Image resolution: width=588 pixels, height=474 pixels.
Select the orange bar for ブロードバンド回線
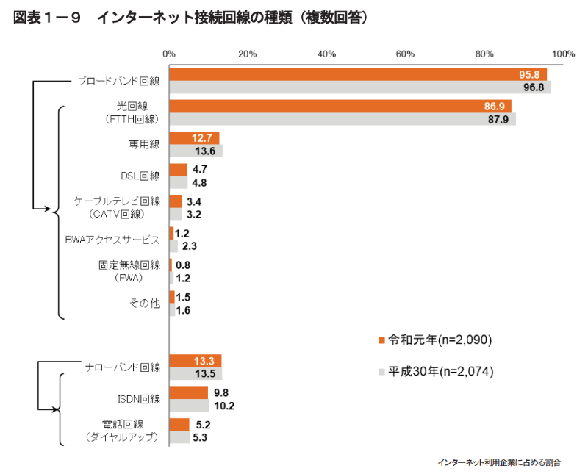(x=357, y=74)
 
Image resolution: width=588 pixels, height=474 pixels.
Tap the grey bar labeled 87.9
(x=342, y=119)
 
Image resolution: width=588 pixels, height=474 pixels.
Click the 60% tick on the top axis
(x=405, y=54)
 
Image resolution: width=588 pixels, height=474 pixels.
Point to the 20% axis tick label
(x=248, y=54)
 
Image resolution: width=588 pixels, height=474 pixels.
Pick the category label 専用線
(x=144, y=144)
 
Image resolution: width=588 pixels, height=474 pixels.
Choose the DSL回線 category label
(x=140, y=176)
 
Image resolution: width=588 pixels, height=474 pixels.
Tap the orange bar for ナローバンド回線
(x=195, y=360)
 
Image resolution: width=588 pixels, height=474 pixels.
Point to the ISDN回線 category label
(x=139, y=399)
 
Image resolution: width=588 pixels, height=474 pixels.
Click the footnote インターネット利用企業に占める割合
(x=498, y=462)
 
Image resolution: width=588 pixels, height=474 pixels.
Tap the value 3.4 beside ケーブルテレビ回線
(x=194, y=201)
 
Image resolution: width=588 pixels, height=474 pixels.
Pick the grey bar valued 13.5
(x=196, y=373)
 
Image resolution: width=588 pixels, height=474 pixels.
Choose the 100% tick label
(x=563, y=54)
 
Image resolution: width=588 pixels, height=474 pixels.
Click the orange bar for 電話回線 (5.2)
(x=179, y=424)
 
